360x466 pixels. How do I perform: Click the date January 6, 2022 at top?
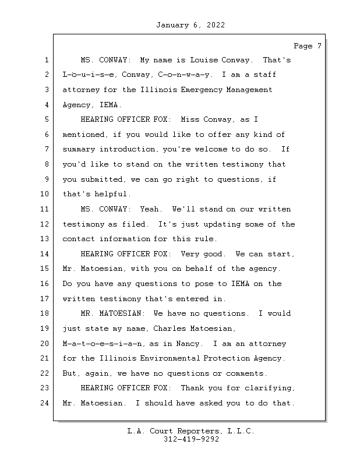190,25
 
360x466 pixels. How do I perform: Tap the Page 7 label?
308,46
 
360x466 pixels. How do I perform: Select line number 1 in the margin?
45,60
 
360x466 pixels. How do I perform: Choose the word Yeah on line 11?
150,209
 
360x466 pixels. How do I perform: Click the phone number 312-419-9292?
190,440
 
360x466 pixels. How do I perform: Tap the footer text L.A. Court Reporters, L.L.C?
190,431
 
